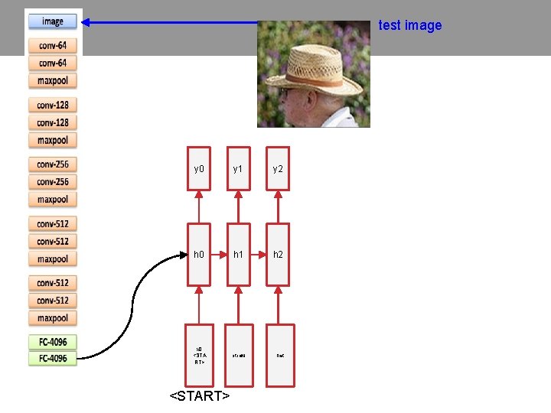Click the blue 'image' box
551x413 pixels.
pos(53,21)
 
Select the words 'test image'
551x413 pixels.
pos(410,25)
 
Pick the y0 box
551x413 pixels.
pos(199,167)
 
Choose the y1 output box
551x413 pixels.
pos(239,167)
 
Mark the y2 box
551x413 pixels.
pos(278,167)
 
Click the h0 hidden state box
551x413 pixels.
pos(199,254)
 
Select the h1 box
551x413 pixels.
pos(239,254)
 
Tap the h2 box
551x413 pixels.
pos(278,254)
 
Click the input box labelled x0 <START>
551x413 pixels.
pos(199,355)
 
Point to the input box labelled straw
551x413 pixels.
pos(239,355)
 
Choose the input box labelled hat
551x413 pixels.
pos(279,355)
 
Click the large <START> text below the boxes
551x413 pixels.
pos(200,396)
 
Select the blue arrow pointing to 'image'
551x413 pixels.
pos(176,23)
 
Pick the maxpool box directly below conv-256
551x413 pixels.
pos(53,200)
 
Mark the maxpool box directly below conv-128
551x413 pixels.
pos(53,140)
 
